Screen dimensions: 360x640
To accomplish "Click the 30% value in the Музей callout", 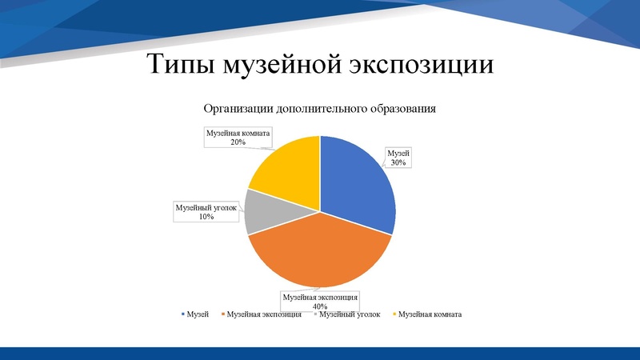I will tap(398, 162).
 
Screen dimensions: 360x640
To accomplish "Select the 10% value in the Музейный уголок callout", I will tap(207, 217).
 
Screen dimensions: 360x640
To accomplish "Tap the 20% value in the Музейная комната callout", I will tap(238, 142).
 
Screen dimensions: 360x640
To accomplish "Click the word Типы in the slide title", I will tap(182, 65).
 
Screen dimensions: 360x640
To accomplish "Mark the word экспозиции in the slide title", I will tap(423, 65).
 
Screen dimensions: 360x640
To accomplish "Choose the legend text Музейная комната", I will tap(430, 314).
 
